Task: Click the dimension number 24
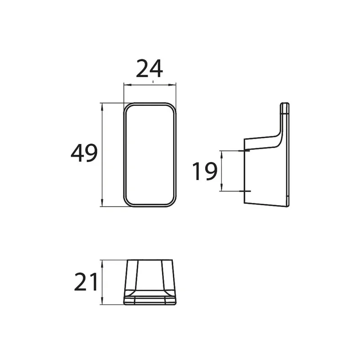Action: pyautogui.click(x=149, y=68)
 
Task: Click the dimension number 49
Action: pyautogui.click(x=84, y=153)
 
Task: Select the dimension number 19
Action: pyautogui.click(x=205, y=171)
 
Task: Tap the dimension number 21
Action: pyautogui.click(x=86, y=282)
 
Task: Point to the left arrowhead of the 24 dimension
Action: pyautogui.click(x=127, y=85)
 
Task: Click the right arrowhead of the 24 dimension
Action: pyautogui.click(x=172, y=85)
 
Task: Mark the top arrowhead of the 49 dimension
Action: pyautogui.click(x=102, y=107)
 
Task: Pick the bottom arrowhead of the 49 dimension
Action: pyautogui.click(x=102, y=202)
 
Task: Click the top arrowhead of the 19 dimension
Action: pyautogui.click(x=221, y=155)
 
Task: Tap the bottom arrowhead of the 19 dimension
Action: pyautogui.click(x=221, y=187)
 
